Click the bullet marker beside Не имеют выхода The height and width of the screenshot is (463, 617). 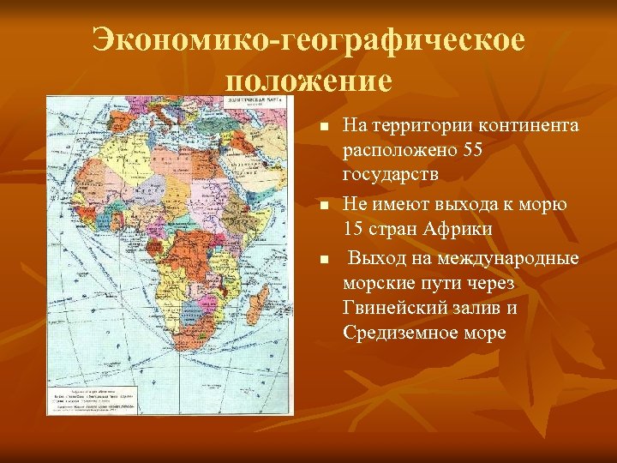pos(323,206)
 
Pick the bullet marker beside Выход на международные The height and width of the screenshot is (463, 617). pos(323,258)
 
